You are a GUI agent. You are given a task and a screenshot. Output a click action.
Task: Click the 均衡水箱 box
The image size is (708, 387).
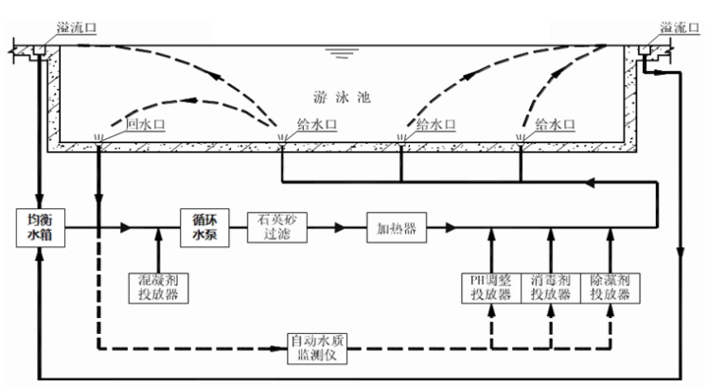coord(36,226)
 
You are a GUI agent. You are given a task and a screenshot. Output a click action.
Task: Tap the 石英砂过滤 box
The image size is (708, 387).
coord(275,226)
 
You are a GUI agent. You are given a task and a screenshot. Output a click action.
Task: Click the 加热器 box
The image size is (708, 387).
coord(396,227)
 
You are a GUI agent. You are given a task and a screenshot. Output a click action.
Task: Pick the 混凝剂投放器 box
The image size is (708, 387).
coord(158,287)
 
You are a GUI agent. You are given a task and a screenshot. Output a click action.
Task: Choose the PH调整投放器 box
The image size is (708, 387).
coord(491,287)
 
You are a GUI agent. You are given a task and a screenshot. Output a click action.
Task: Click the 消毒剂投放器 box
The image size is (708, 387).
coord(551,287)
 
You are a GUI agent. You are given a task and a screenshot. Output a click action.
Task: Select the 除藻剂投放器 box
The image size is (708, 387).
coord(611,287)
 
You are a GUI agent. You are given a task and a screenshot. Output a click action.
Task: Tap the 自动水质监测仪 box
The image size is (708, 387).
coord(319,346)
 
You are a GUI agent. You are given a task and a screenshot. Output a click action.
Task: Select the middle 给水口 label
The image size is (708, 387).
coord(434,124)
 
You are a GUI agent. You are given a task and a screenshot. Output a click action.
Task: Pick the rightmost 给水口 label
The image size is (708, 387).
coord(554,124)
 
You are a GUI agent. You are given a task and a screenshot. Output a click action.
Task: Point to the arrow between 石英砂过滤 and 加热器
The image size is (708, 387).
coord(335,227)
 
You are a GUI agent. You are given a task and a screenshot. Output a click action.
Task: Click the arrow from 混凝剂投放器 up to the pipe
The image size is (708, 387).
coord(158,248)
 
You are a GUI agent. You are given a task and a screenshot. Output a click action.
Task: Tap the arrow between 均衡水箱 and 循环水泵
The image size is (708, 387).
coord(126,227)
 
